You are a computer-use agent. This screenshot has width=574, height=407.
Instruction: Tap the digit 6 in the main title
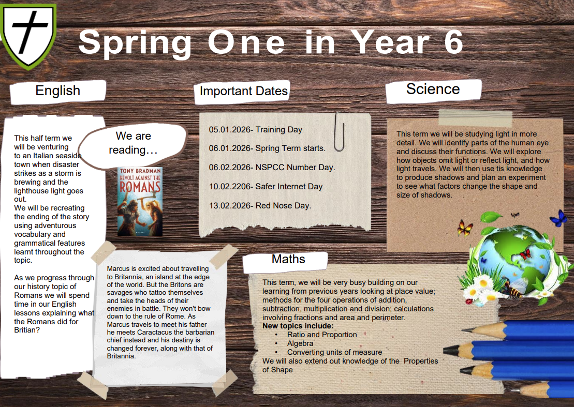[453, 42]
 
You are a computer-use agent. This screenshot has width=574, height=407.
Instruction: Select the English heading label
[58, 91]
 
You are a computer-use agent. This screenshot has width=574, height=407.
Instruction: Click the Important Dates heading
[243, 91]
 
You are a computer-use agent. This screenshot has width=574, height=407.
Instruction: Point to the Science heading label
[433, 89]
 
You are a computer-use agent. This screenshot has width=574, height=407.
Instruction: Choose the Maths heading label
[288, 259]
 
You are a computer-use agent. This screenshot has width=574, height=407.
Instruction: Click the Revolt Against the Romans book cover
[140, 201]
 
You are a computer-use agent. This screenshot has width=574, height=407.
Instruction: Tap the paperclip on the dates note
[339, 132]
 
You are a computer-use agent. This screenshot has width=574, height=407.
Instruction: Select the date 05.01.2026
[229, 130]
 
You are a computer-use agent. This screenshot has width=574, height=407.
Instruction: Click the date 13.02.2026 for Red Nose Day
[229, 206]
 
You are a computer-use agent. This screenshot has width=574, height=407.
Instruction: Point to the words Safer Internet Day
[289, 187]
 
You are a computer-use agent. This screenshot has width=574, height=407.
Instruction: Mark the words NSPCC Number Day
[295, 168]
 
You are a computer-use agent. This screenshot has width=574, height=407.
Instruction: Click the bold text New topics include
[298, 326]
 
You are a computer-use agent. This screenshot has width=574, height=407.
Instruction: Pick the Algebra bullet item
[300, 343]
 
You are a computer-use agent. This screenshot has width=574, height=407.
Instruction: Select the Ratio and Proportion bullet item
[322, 335]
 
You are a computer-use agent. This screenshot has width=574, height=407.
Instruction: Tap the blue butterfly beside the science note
[558, 218]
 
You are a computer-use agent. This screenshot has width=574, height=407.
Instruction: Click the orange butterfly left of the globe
[465, 228]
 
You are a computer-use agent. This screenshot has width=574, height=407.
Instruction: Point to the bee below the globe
[513, 287]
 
